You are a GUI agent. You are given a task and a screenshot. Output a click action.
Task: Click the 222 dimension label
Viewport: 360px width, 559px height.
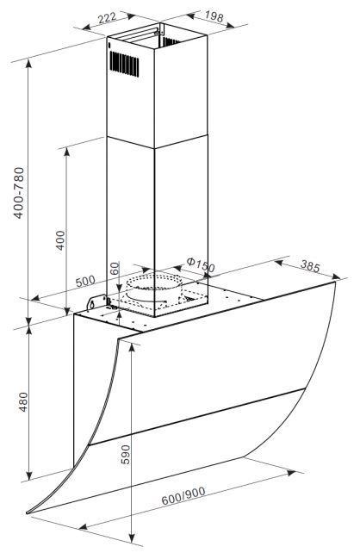click(x=108, y=17)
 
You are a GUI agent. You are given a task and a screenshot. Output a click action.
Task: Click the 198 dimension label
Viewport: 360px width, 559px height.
click(x=214, y=16)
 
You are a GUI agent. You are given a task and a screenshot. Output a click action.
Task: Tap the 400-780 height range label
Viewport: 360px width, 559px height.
click(x=19, y=193)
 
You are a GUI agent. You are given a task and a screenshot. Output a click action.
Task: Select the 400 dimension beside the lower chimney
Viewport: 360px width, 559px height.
click(x=60, y=240)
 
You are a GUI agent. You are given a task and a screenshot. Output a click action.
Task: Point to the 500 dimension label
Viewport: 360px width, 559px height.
click(x=85, y=282)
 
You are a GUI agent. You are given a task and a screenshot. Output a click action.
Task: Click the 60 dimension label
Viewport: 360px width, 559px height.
click(x=114, y=268)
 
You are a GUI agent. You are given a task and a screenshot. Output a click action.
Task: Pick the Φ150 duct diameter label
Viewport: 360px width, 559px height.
click(x=201, y=265)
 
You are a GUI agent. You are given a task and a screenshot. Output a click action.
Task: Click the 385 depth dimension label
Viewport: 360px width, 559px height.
click(x=310, y=266)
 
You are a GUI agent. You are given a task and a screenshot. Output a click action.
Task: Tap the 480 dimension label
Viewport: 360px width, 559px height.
click(x=23, y=401)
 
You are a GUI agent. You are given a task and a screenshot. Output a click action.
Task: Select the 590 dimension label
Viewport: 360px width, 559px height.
click(x=126, y=454)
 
